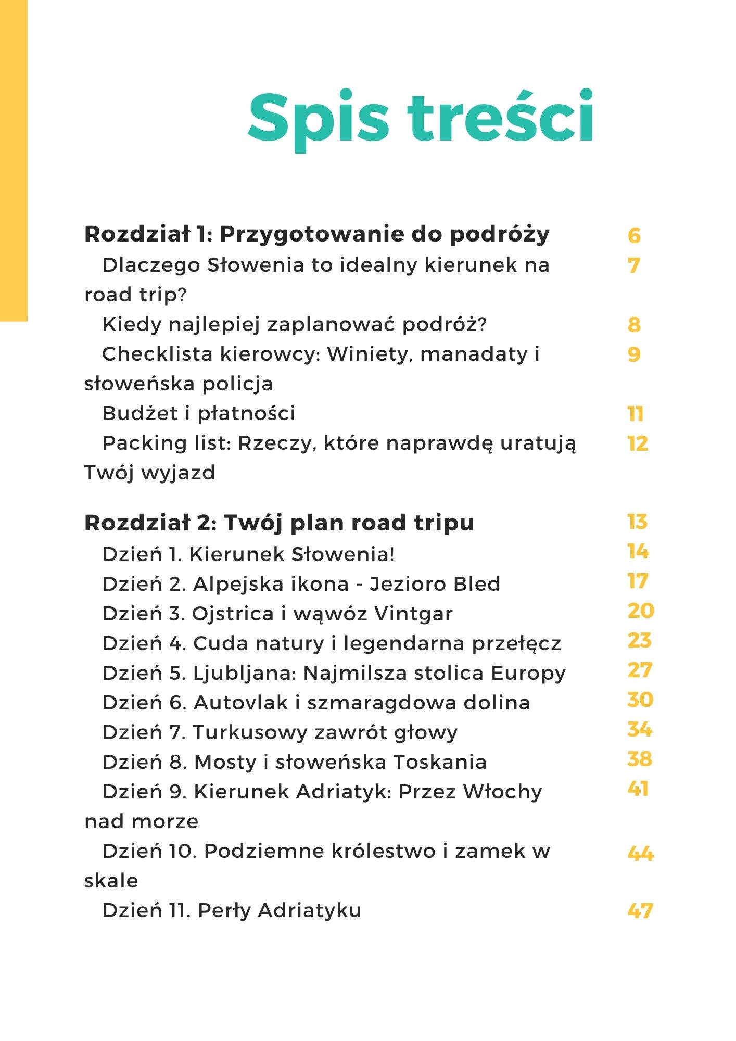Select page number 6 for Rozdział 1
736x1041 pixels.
(x=634, y=236)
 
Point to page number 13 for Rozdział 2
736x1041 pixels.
(x=637, y=522)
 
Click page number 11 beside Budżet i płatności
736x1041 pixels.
(x=636, y=414)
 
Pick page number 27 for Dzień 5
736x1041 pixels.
(x=640, y=670)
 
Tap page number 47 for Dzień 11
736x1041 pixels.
(x=640, y=911)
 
